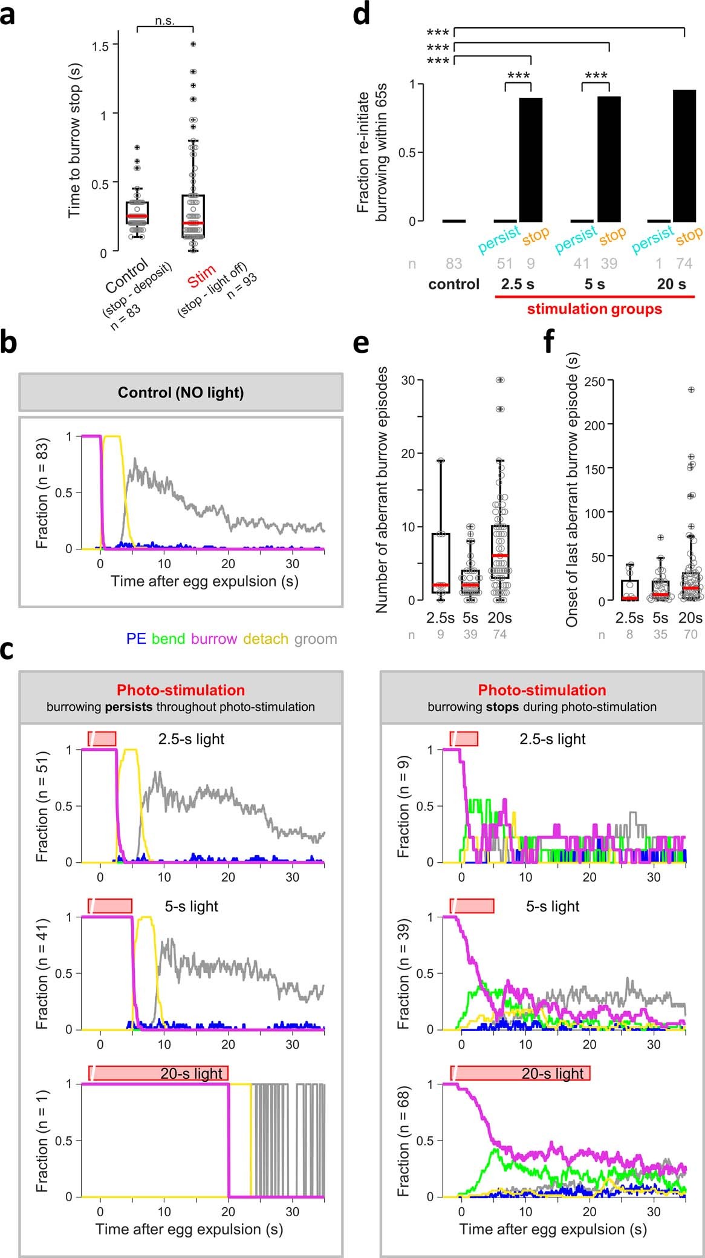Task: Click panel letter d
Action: point(361,13)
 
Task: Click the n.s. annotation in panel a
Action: point(164,21)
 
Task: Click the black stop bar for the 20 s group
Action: point(684,156)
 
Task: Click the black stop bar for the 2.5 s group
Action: point(530,160)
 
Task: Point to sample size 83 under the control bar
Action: point(453,263)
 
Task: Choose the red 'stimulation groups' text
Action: point(594,309)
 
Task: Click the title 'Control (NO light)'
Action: point(181,392)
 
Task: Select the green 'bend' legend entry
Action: point(168,638)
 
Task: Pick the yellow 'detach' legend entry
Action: point(265,638)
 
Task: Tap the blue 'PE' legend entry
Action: point(136,638)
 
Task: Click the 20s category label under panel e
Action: point(499,618)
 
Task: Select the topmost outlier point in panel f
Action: point(691,390)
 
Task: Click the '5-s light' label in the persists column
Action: point(191,906)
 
